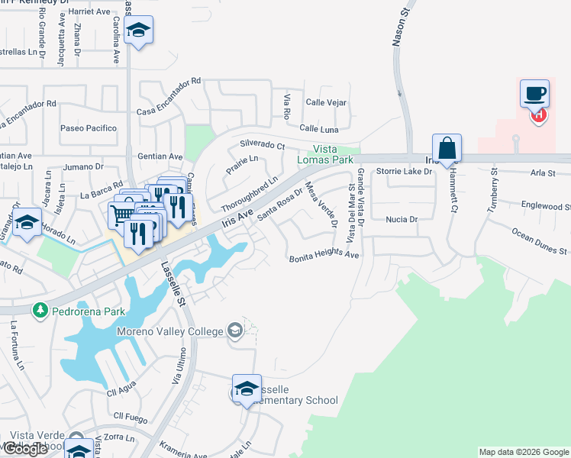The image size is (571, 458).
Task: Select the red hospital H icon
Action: [x=539, y=115]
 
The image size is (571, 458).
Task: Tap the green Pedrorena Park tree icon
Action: [x=39, y=311]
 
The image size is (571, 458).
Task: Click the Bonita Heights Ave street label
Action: [x=324, y=257]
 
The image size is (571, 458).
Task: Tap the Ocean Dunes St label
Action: [x=539, y=241]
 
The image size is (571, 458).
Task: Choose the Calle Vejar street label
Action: [x=326, y=102]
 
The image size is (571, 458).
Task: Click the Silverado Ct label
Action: [x=262, y=144]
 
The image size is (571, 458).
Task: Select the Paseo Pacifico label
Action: [x=87, y=128]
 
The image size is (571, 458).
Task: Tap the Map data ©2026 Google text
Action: [x=523, y=452]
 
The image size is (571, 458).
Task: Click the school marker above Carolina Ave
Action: [x=138, y=31]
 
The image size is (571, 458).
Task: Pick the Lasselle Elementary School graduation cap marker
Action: [x=247, y=389]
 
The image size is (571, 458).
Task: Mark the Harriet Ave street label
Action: [x=89, y=11]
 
